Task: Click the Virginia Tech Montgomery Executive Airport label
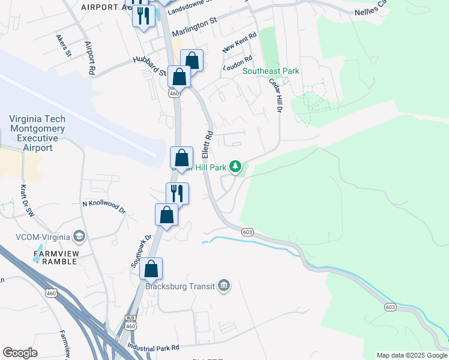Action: [x=37, y=133]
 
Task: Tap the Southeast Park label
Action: [x=271, y=71]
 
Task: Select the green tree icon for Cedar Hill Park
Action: [x=237, y=166]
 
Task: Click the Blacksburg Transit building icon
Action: [x=223, y=284]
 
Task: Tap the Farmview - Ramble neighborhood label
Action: [x=55, y=257]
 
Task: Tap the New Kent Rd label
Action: [x=239, y=43]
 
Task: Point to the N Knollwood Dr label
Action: [x=104, y=206]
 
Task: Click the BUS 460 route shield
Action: [x=130, y=323]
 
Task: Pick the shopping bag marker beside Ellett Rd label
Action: [x=182, y=158]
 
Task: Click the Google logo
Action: [x=20, y=353]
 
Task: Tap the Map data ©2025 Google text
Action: [x=411, y=355]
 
